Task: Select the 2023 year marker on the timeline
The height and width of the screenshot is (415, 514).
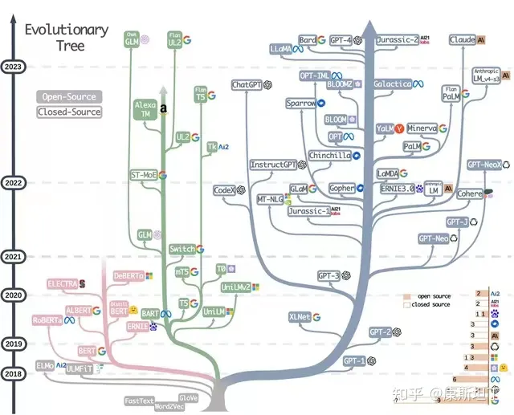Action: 13,67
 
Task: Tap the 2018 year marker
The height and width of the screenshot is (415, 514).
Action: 13,374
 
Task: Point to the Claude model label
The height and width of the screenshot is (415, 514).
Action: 463,39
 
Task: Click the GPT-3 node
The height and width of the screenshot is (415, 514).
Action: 329,275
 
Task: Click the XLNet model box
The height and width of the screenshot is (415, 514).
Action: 299,317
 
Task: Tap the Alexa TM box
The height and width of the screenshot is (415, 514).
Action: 143,109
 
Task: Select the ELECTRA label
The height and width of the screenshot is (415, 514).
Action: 62,283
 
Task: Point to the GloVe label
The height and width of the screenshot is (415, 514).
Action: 189,398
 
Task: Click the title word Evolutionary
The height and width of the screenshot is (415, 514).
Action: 66,30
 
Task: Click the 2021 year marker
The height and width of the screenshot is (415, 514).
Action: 13,257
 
